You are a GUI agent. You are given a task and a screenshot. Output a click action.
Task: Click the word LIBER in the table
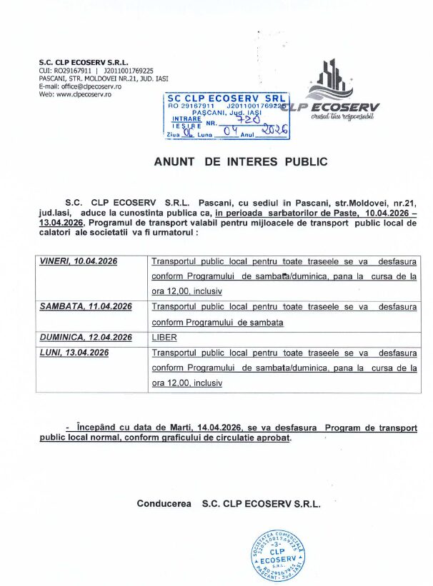coord(163,338)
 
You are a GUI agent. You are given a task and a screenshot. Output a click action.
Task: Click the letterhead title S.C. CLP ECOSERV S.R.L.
coord(82,63)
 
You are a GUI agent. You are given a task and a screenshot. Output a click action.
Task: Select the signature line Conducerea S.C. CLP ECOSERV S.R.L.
coord(229,504)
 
